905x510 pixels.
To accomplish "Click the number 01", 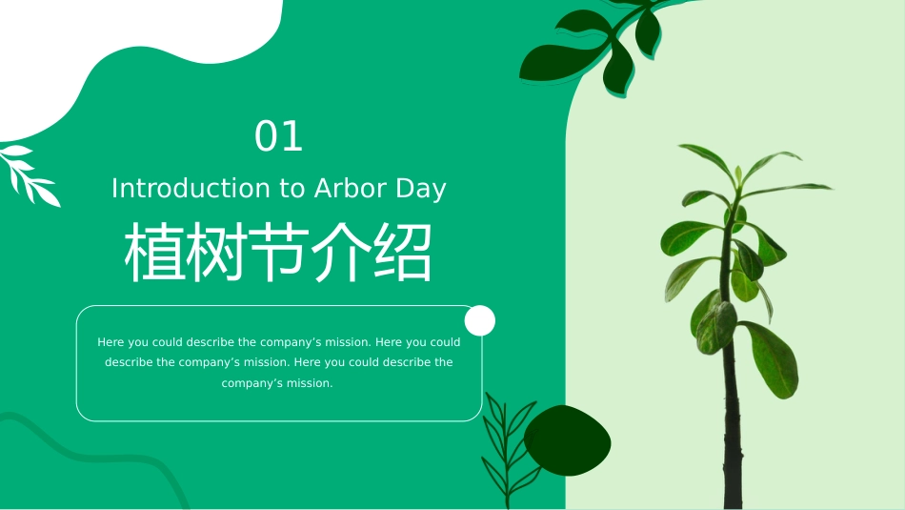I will click(x=278, y=137).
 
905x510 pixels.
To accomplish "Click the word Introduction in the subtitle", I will click(x=191, y=189).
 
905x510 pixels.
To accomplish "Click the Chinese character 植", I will click(x=155, y=255).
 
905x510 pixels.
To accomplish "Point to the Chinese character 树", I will click(x=216, y=255).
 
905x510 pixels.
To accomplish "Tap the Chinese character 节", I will click(x=278, y=255).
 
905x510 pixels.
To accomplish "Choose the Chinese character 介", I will click(x=339, y=255).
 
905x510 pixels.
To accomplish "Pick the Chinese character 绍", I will click(x=401, y=255).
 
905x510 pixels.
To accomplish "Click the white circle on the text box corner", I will click(x=479, y=320).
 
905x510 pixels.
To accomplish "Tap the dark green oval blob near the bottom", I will click(x=568, y=441).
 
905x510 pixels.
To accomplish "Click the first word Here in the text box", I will click(x=111, y=342).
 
